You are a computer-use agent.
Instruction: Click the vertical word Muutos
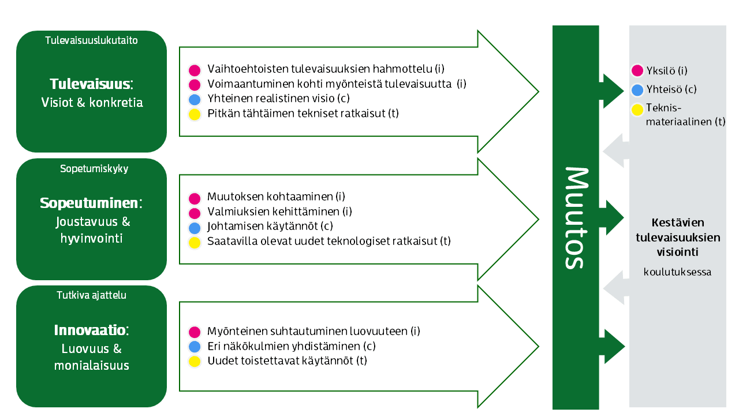click(576, 218)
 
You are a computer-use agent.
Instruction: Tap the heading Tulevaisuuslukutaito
click(91, 40)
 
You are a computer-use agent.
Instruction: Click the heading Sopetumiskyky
click(94, 169)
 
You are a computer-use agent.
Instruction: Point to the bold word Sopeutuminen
click(89, 203)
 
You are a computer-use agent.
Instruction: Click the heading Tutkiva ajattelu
click(91, 295)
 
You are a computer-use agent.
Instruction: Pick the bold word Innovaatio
click(89, 330)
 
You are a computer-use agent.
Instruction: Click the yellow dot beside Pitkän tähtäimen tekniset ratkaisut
click(195, 114)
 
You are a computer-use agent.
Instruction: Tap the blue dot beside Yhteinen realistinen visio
click(195, 99)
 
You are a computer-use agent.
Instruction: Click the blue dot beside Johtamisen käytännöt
click(195, 227)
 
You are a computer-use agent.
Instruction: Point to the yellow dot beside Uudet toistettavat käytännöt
click(195, 362)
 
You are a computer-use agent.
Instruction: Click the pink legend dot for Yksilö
click(637, 71)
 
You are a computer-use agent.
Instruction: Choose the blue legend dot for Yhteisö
click(637, 90)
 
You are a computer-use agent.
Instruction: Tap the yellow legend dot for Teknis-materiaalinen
click(637, 109)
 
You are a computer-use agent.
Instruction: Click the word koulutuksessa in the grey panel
click(677, 272)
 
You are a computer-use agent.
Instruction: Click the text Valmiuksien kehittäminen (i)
click(279, 211)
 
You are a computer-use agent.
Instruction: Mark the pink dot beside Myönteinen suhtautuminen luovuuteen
click(195, 332)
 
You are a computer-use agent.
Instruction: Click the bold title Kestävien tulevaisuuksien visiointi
click(677, 237)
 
